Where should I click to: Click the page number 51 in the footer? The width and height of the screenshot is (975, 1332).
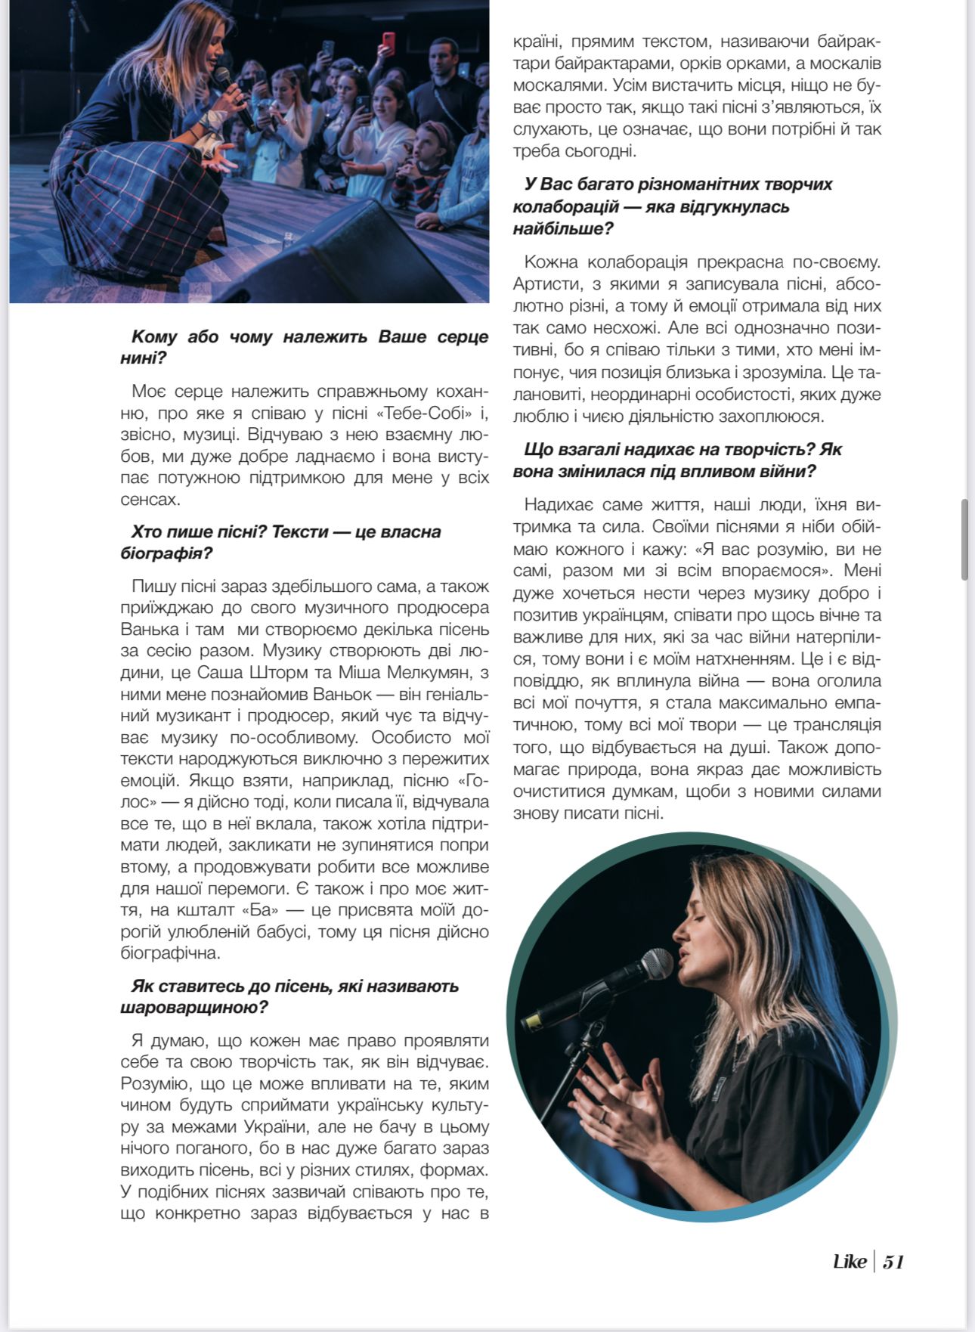point(893,1261)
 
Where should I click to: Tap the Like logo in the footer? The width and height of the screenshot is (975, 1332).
point(850,1261)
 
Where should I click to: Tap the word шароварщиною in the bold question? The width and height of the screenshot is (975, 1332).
point(193,1008)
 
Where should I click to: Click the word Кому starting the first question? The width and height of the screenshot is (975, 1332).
point(153,336)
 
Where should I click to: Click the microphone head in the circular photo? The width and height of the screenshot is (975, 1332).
point(654,965)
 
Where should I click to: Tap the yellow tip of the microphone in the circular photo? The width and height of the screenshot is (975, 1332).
point(531,1022)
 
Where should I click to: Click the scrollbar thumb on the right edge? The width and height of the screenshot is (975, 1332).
point(964,539)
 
